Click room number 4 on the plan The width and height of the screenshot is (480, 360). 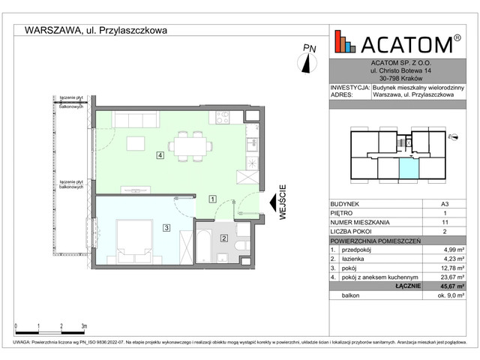[160, 155]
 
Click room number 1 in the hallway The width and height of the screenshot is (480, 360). [213, 199]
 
